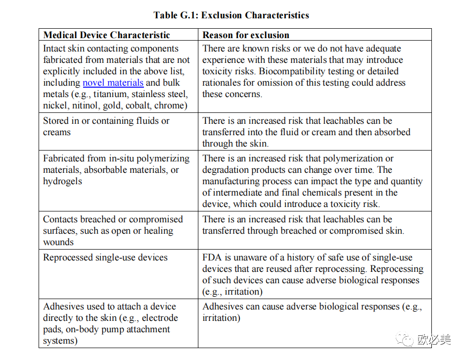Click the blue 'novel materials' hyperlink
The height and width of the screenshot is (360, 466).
(113, 83)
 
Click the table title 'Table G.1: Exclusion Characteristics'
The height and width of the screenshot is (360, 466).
(231, 15)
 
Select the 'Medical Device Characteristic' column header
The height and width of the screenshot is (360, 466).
(106, 35)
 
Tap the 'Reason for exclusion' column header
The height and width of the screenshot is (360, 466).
(246, 35)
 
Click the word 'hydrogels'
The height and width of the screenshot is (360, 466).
(62, 181)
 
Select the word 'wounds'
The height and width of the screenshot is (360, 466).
(58, 242)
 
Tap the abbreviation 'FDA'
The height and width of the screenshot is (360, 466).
(212, 257)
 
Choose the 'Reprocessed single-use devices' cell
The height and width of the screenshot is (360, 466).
(105, 257)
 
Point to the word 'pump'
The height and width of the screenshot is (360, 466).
(112, 329)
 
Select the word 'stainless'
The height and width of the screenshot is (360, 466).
(148, 94)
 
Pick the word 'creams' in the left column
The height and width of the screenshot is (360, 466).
(57, 132)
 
